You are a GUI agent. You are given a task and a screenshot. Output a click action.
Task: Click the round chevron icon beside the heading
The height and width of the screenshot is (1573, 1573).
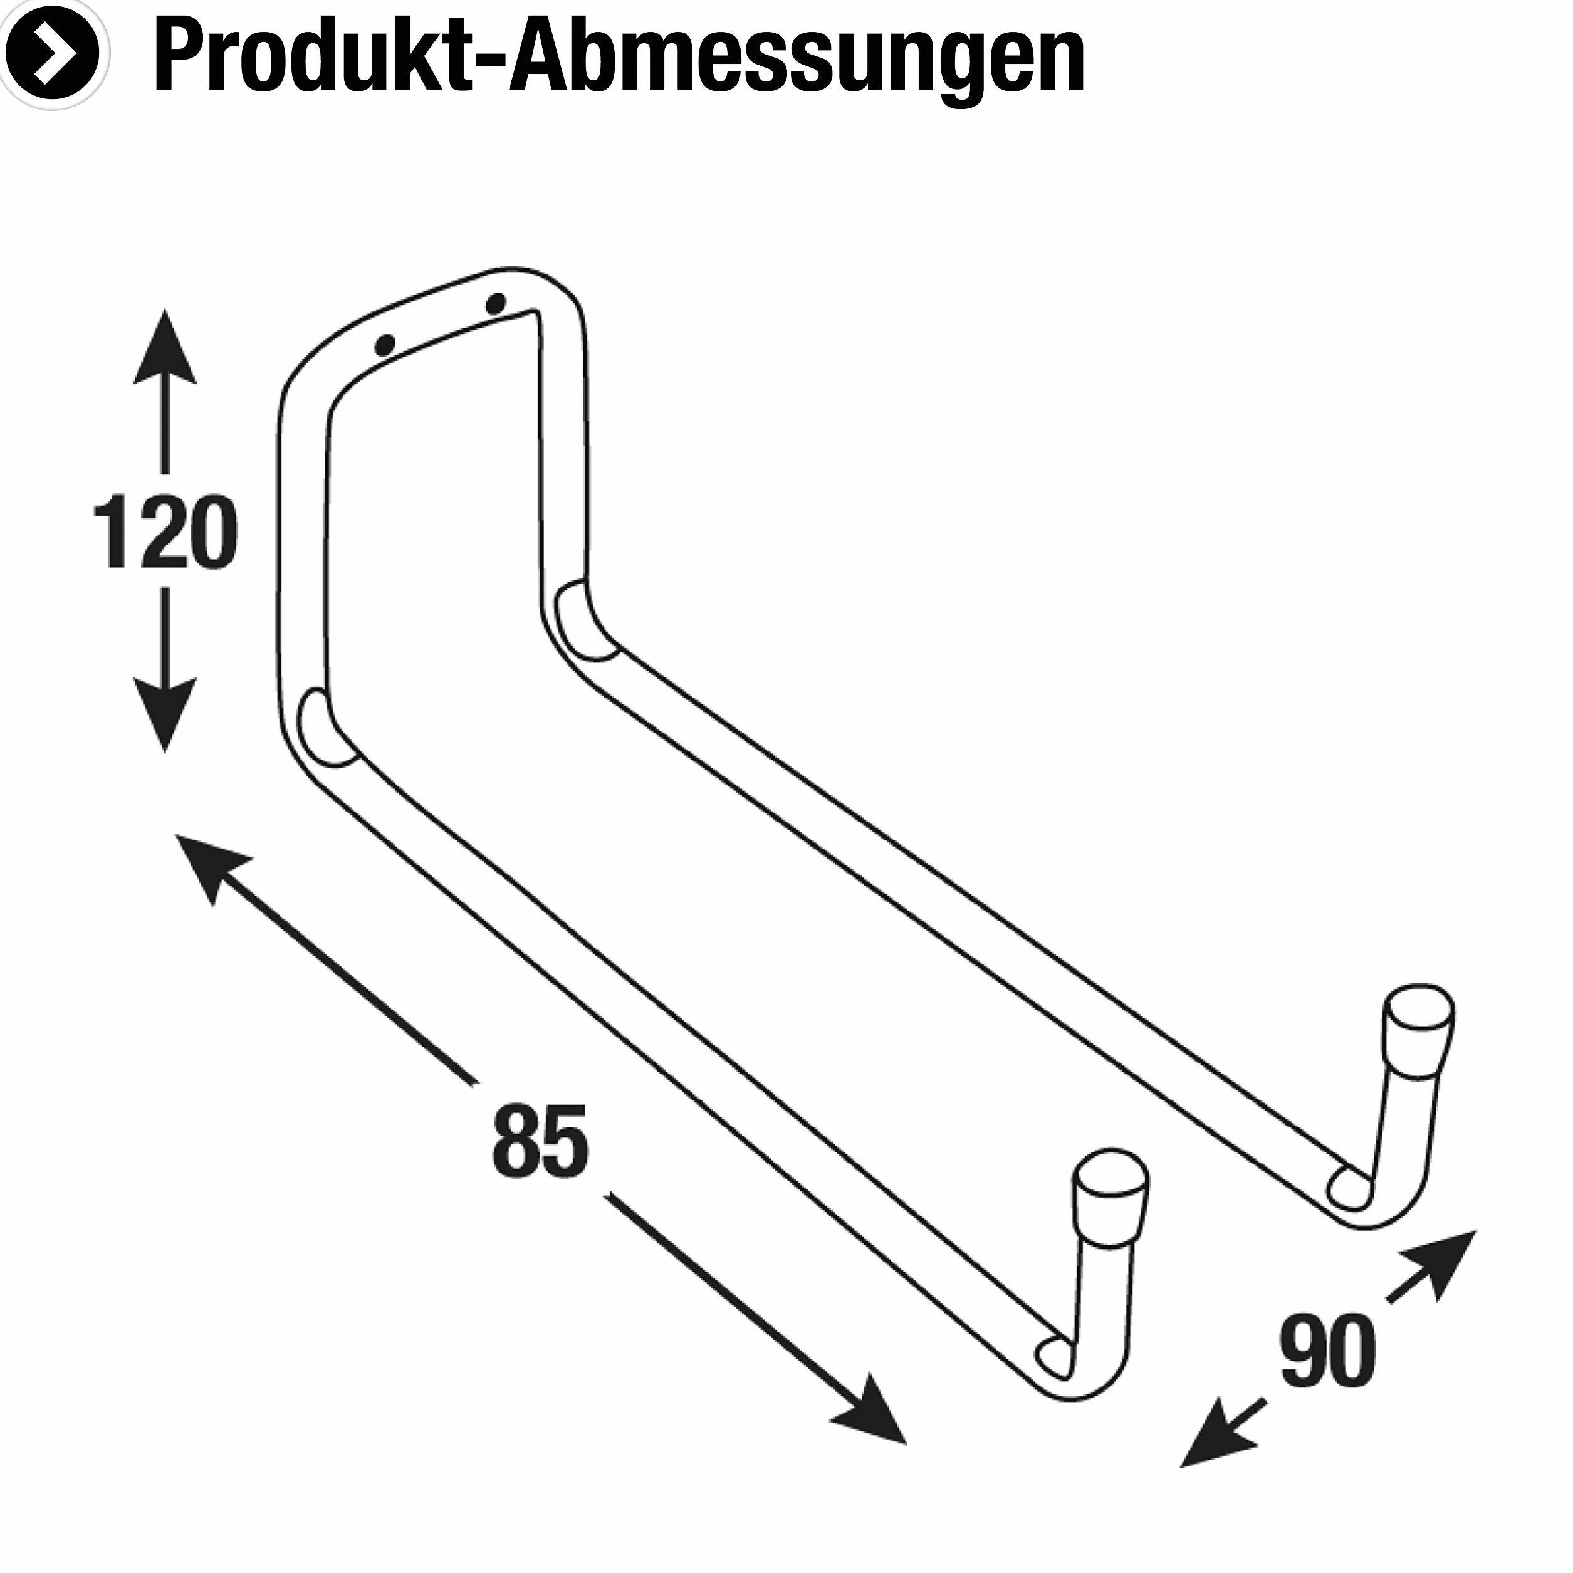(x=54, y=54)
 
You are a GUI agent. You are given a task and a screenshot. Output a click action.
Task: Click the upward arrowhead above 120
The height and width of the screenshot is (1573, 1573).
(x=164, y=346)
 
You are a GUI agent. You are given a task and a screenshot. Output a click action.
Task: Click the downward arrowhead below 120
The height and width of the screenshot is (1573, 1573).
(x=164, y=716)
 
